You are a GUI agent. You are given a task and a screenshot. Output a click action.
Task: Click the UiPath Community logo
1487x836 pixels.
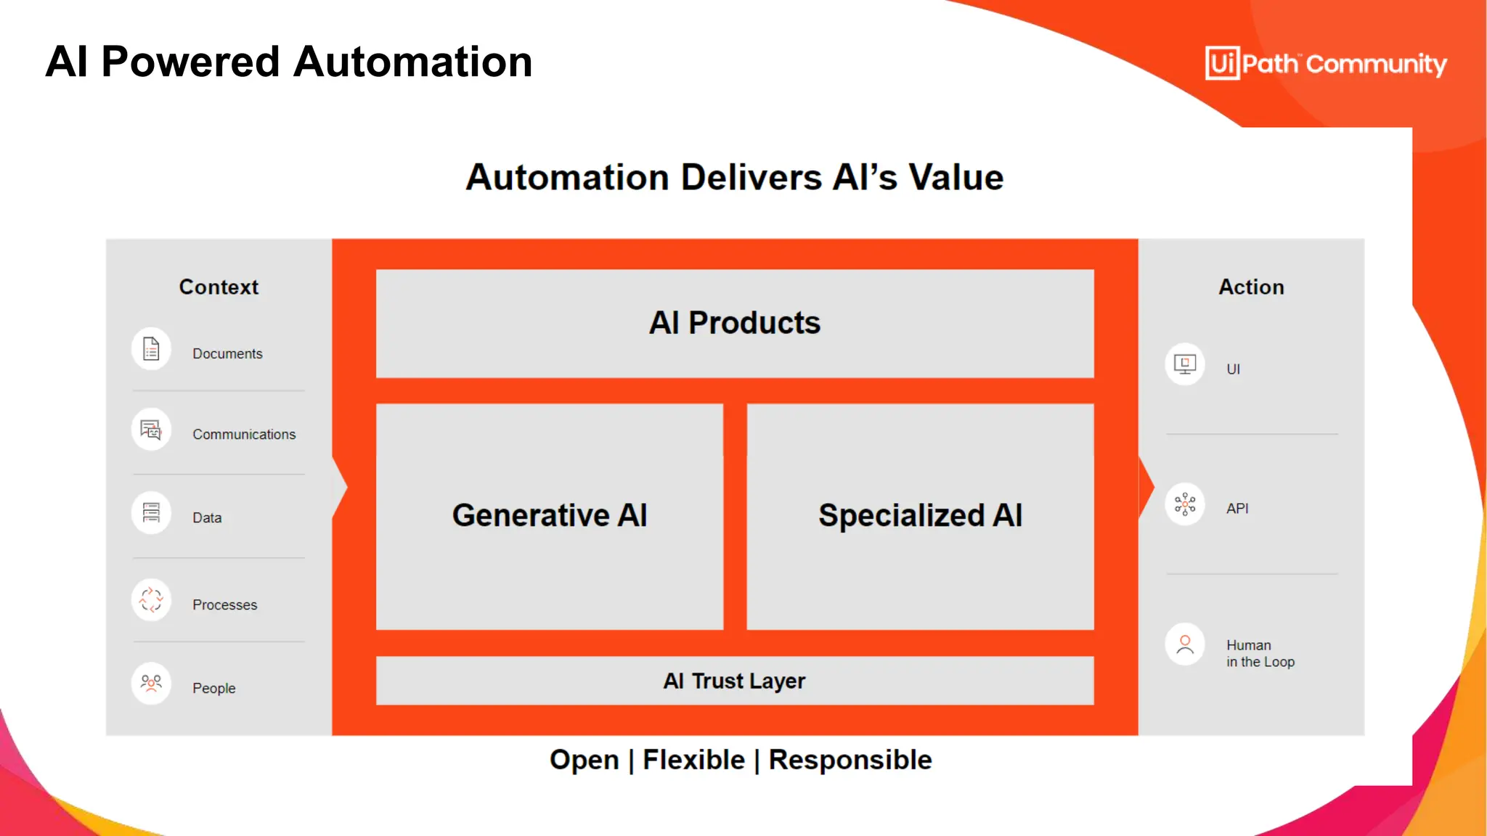1325,64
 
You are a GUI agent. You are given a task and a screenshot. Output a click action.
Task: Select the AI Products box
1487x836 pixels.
734,324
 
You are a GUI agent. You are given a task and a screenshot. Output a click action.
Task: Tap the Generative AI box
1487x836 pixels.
549,516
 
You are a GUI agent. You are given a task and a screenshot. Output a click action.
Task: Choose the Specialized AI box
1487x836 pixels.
919,516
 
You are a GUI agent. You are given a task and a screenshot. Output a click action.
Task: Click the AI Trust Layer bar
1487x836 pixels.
734,681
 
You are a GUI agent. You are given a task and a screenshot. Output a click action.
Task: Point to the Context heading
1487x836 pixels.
219,287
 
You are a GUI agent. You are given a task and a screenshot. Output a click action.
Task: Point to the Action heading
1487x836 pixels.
1251,287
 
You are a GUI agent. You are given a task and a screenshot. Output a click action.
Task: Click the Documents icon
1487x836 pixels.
151,349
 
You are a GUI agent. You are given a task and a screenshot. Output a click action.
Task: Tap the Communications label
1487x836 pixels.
244,435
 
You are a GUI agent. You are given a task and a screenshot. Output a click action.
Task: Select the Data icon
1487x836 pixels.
151,513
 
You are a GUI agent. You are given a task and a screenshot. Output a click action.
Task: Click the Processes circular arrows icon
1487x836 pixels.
151,600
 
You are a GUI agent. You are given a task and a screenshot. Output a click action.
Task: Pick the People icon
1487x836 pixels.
151,683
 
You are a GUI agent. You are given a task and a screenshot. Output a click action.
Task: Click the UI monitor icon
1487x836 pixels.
1185,364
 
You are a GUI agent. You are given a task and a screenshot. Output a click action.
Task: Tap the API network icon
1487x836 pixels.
1185,504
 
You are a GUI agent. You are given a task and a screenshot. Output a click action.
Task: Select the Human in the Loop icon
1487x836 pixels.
1185,644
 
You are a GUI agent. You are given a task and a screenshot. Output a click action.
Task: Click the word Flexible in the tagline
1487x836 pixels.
693,760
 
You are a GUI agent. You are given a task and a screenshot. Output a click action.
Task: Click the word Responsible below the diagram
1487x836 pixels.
850,760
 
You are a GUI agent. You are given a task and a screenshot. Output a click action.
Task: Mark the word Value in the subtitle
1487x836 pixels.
956,178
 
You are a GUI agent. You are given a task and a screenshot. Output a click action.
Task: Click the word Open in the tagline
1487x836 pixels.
584,760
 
